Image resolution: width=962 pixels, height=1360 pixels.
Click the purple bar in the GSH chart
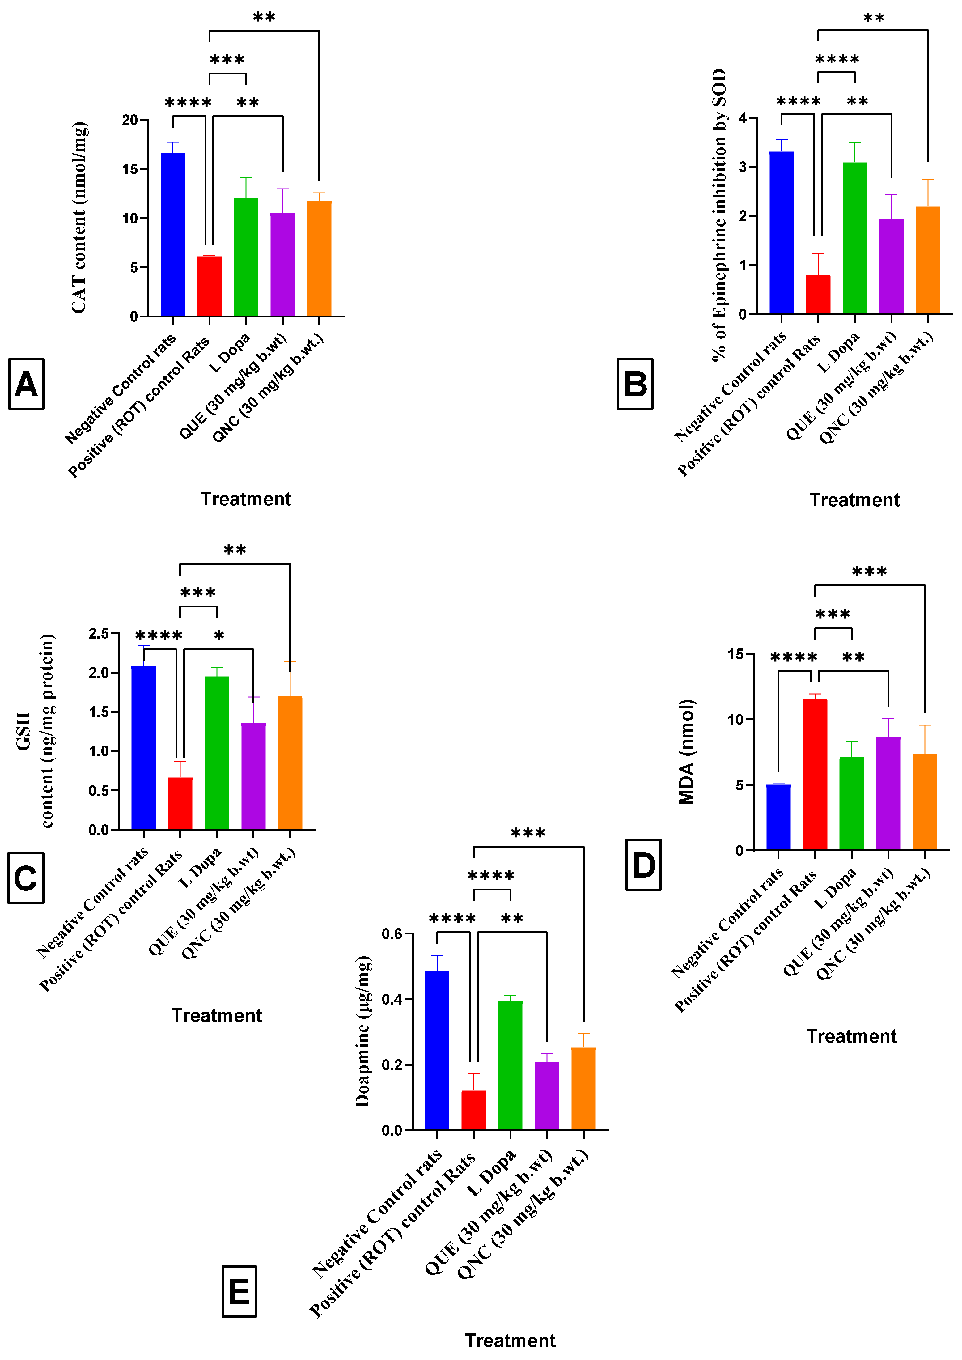(x=253, y=776)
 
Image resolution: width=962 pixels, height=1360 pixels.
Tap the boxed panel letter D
(x=643, y=865)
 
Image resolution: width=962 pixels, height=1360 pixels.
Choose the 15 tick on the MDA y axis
(x=736, y=655)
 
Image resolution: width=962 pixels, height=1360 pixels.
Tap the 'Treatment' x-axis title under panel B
(x=854, y=500)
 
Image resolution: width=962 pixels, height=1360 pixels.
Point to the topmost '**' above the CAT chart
(x=264, y=18)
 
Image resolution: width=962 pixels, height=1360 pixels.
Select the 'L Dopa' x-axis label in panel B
(x=839, y=352)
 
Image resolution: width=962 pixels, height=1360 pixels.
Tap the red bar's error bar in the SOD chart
(x=818, y=264)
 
